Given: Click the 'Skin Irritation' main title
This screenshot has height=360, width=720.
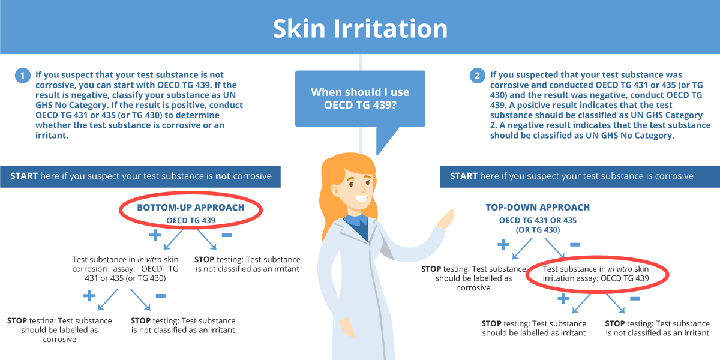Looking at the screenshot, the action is point(360,28).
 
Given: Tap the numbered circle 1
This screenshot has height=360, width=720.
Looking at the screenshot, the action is point(23,76).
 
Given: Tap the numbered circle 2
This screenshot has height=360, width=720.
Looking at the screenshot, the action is point(478,76).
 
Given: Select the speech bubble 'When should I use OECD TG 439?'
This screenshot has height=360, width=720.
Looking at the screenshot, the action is point(360,98).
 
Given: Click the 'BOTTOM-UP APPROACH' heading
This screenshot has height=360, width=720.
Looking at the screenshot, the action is point(191,208).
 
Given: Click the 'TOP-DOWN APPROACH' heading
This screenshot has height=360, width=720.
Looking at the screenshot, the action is point(538,208).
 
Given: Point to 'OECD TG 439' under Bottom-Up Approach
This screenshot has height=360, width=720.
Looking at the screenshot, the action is point(191,221).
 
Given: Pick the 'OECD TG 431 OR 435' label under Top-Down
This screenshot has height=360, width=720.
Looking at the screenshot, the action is point(538,221).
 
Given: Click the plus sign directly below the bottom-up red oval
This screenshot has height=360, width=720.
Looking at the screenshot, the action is point(155,235).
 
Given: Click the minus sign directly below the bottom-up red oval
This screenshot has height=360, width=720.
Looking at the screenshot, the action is point(227,235).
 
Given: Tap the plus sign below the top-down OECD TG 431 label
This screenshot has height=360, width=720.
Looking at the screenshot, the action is point(503,245).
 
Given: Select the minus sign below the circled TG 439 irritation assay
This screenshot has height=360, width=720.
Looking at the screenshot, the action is point(635,299).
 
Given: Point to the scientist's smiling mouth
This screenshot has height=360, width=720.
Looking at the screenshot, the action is point(361,198).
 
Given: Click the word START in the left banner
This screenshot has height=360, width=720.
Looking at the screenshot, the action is point(24,176).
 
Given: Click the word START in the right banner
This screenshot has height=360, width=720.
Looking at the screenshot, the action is point(463,176).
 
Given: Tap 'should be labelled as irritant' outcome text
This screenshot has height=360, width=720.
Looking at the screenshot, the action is point(534,333).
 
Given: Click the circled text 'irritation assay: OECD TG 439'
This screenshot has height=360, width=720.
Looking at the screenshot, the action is point(596,278).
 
